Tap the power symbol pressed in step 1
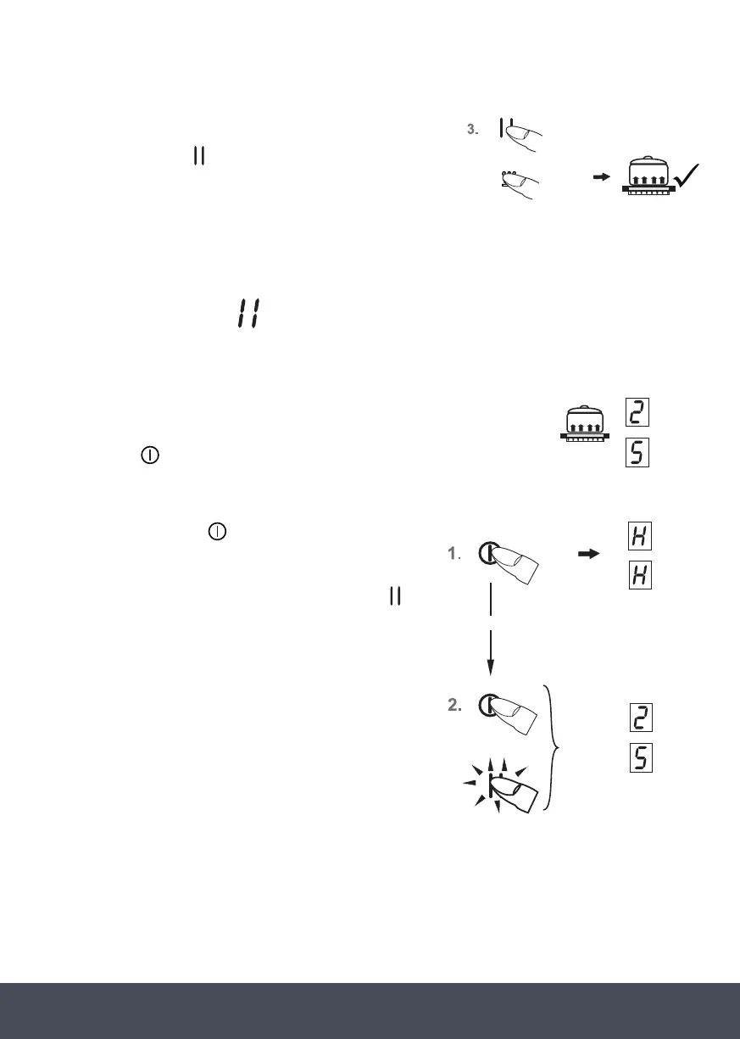point(486,553)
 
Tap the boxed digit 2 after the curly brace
point(641,719)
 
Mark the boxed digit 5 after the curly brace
point(641,757)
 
